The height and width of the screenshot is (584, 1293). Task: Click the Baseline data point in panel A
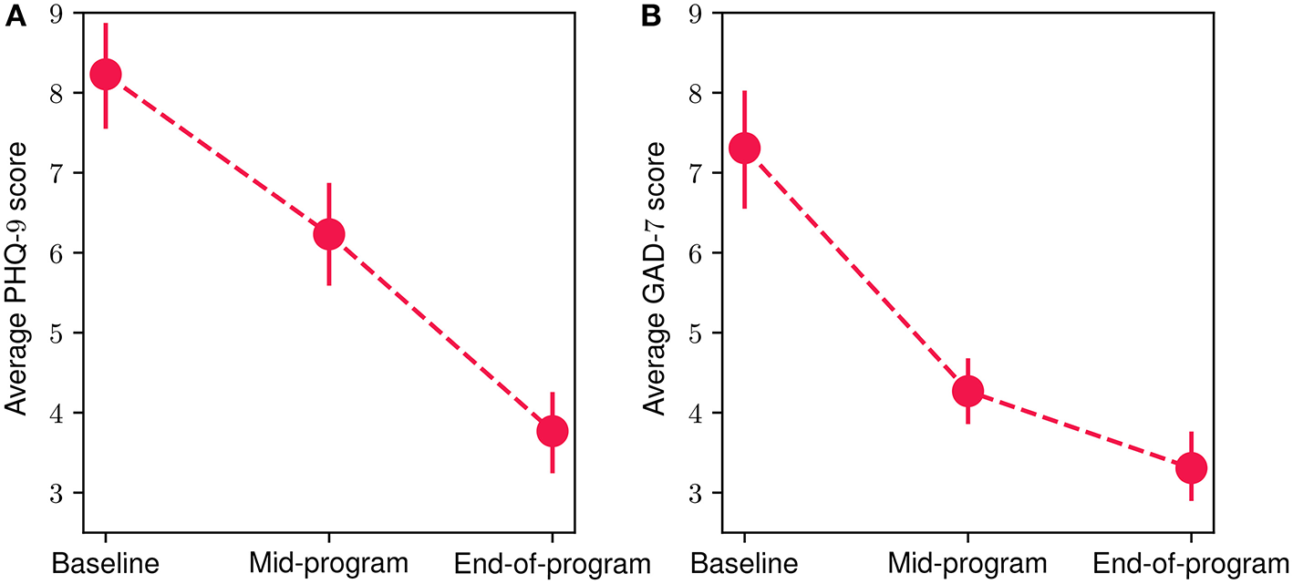click(106, 75)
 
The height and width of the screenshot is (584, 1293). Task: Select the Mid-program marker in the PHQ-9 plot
click(328, 234)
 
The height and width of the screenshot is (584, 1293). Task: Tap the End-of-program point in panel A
click(552, 431)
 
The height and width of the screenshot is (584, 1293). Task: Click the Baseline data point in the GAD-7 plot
click(745, 148)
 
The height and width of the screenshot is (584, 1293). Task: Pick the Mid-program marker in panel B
click(967, 391)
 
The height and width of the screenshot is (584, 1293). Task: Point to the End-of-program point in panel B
click(1191, 468)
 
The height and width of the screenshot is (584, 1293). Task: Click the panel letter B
click(651, 16)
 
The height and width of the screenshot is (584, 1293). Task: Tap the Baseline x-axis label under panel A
click(106, 563)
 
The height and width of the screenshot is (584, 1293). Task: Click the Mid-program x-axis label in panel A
click(328, 563)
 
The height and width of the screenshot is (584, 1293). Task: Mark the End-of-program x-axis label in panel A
click(552, 563)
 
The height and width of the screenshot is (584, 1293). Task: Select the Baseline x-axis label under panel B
click(745, 563)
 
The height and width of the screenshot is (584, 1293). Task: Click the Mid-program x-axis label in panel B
click(967, 563)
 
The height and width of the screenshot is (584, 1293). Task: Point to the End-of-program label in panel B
click(1191, 563)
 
